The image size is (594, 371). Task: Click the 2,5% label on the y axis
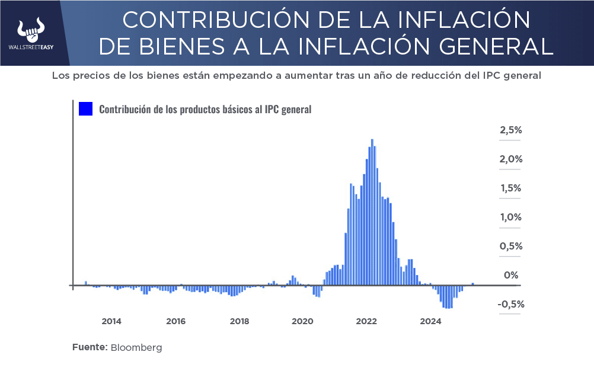(510, 130)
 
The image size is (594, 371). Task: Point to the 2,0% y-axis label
(510, 159)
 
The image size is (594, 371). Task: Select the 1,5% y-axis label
(510, 188)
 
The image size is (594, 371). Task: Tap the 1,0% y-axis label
(510, 218)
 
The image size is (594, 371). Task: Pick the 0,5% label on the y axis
(510, 247)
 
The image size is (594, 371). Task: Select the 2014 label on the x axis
(111, 322)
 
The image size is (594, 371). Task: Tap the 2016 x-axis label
(175, 322)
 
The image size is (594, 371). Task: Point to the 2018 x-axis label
(239, 322)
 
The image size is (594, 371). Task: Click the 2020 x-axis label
(303, 322)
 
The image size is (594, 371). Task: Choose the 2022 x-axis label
(367, 322)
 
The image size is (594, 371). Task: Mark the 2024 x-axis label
(430, 322)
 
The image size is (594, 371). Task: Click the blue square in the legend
(86, 109)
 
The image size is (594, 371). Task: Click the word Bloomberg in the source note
(136, 348)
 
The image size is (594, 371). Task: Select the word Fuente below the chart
(90, 348)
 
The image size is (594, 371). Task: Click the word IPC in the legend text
(272, 110)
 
